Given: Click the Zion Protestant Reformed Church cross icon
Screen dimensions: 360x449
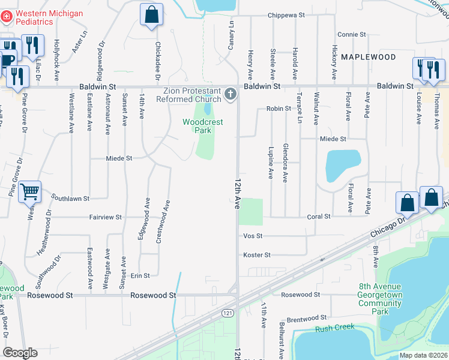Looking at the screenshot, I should click(x=230, y=94).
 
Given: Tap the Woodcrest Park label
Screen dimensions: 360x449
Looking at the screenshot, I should click(x=203, y=126).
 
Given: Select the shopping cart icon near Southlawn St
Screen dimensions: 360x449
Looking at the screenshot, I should click(x=29, y=192).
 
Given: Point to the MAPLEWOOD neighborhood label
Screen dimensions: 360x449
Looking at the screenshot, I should click(x=368, y=57).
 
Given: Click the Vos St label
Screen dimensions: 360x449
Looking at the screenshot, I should click(x=253, y=236).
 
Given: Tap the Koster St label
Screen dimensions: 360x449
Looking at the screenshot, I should click(x=257, y=255).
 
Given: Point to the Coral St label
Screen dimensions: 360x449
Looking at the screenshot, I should click(x=319, y=217).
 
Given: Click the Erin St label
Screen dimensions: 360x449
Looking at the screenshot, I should click(x=140, y=275).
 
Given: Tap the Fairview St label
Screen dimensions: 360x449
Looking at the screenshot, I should click(x=106, y=217).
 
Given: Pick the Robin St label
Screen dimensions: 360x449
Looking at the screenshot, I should click(x=279, y=109).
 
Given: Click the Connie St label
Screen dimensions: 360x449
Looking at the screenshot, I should click(x=351, y=35).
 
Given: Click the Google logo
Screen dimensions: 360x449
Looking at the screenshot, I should click(x=20, y=353).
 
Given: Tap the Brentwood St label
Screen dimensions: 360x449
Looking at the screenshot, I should click(x=306, y=319).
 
